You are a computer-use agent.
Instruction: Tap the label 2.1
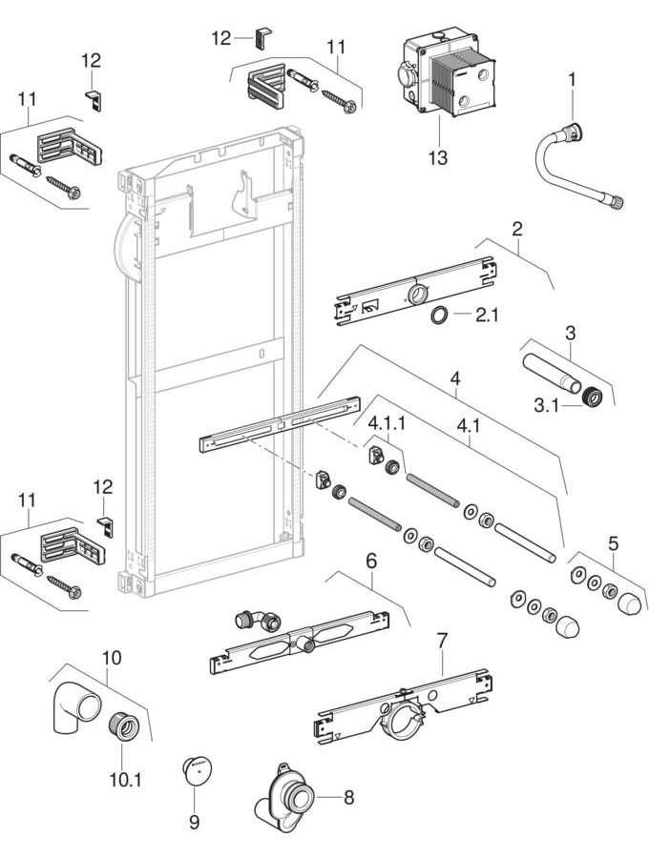click(x=487, y=316)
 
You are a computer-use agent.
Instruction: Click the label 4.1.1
click(x=387, y=420)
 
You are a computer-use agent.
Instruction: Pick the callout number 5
click(x=613, y=542)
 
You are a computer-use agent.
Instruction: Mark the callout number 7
click(x=442, y=643)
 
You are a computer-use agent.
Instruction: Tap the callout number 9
click(x=194, y=819)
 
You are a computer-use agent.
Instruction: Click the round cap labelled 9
click(x=196, y=771)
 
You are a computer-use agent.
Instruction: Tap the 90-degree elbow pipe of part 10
click(x=73, y=711)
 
